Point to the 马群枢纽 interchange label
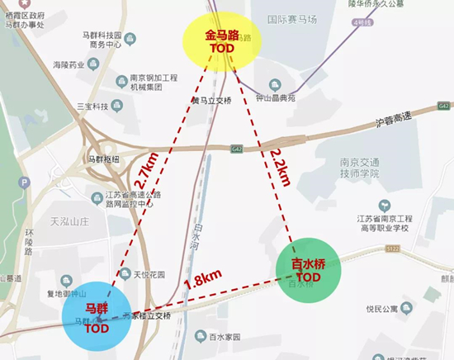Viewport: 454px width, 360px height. pyautogui.click(x=103, y=159)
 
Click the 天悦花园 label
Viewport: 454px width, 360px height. pyautogui.click(x=149, y=274)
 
